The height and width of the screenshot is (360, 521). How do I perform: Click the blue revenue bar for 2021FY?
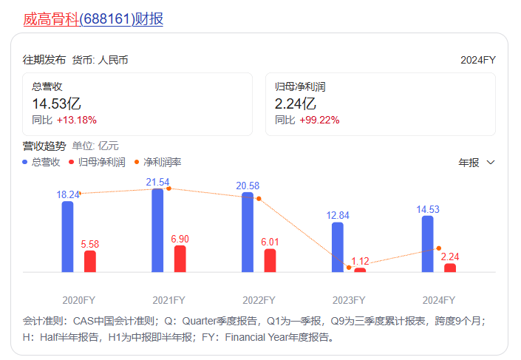(157, 230)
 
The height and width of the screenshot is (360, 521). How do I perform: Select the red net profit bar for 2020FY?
(90, 261)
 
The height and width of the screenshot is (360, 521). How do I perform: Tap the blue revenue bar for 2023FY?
(338, 247)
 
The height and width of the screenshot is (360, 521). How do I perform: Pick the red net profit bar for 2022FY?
(270, 260)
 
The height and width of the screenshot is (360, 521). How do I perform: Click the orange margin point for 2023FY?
(349, 267)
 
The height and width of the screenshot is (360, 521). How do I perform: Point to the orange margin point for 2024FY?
(439, 248)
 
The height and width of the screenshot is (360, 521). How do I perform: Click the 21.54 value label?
(157, 182)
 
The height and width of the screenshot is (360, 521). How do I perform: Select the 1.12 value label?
(360, 261)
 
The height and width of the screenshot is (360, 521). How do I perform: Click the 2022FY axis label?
(259, 300)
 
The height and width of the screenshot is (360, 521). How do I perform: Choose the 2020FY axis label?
(79, 300)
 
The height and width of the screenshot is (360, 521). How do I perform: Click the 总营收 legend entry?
(42, 162)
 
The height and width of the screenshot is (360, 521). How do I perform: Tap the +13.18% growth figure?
(76, 120)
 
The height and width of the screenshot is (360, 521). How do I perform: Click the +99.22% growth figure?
(319, 120)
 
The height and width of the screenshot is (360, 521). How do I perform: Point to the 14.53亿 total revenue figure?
(56, 103)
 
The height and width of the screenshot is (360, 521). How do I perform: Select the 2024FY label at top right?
(477, 60)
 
